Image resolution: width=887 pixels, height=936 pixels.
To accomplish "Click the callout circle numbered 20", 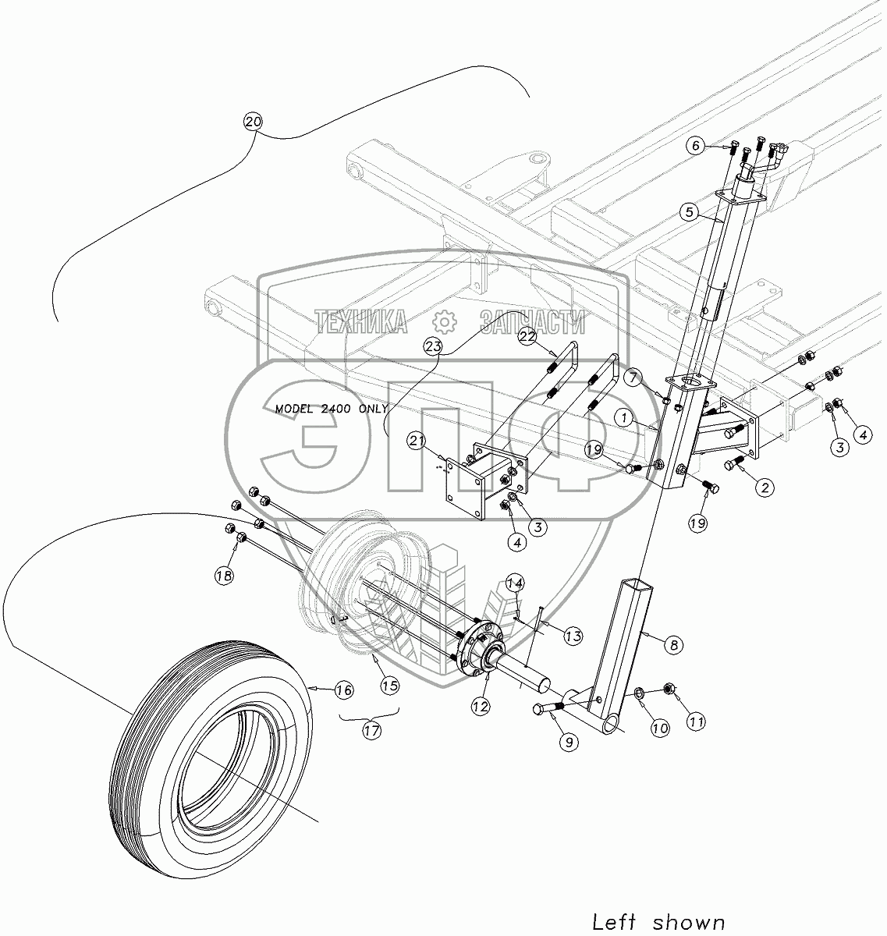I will pyautogui.click(x=254, y=122).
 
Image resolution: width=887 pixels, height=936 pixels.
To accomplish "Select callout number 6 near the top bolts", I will pyautogui.click(x=697, y=146).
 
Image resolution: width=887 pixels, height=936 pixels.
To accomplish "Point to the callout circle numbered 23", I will pyautogui.click(x=434, y=345).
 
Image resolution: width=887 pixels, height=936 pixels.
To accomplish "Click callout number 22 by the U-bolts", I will pyautogui.click(x=527, y=335).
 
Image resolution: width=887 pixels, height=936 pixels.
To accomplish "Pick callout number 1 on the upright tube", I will pyautogui.click(x=625, y=417).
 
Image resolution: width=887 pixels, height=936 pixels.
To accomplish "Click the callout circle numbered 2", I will pyautogui.click(x=764, y=487).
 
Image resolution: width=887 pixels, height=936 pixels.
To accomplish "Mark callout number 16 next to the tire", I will pyautogui.click(x=344, y=690).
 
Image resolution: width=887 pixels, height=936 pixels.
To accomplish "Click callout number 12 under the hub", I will pyautogui.click(x=480, y=706).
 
